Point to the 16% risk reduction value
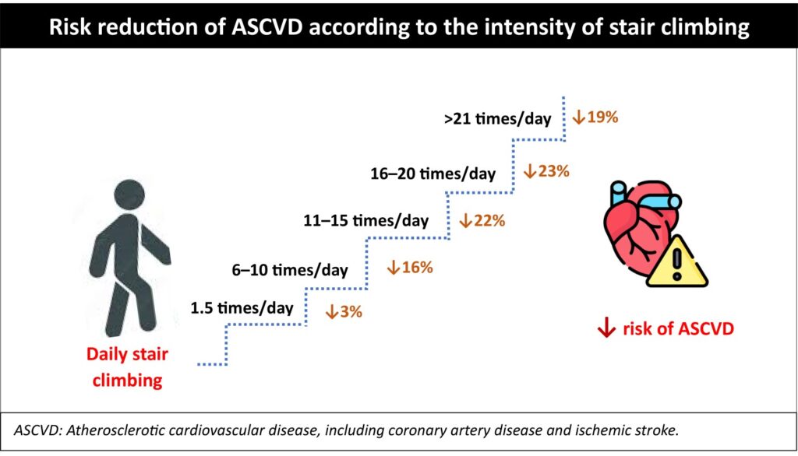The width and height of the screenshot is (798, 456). [417, 268]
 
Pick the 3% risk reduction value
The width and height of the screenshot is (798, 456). [350, 313]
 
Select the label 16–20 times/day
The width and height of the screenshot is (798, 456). [433, 174]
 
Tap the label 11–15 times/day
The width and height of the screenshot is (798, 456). [365, 221]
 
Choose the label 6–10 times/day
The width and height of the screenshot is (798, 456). [290, 270]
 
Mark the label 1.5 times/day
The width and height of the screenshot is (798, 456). [242, 307]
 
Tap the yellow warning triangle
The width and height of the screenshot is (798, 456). [677, 262]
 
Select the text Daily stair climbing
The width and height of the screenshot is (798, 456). [127, 367]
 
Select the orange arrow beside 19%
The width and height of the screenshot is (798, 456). [579, 118]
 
